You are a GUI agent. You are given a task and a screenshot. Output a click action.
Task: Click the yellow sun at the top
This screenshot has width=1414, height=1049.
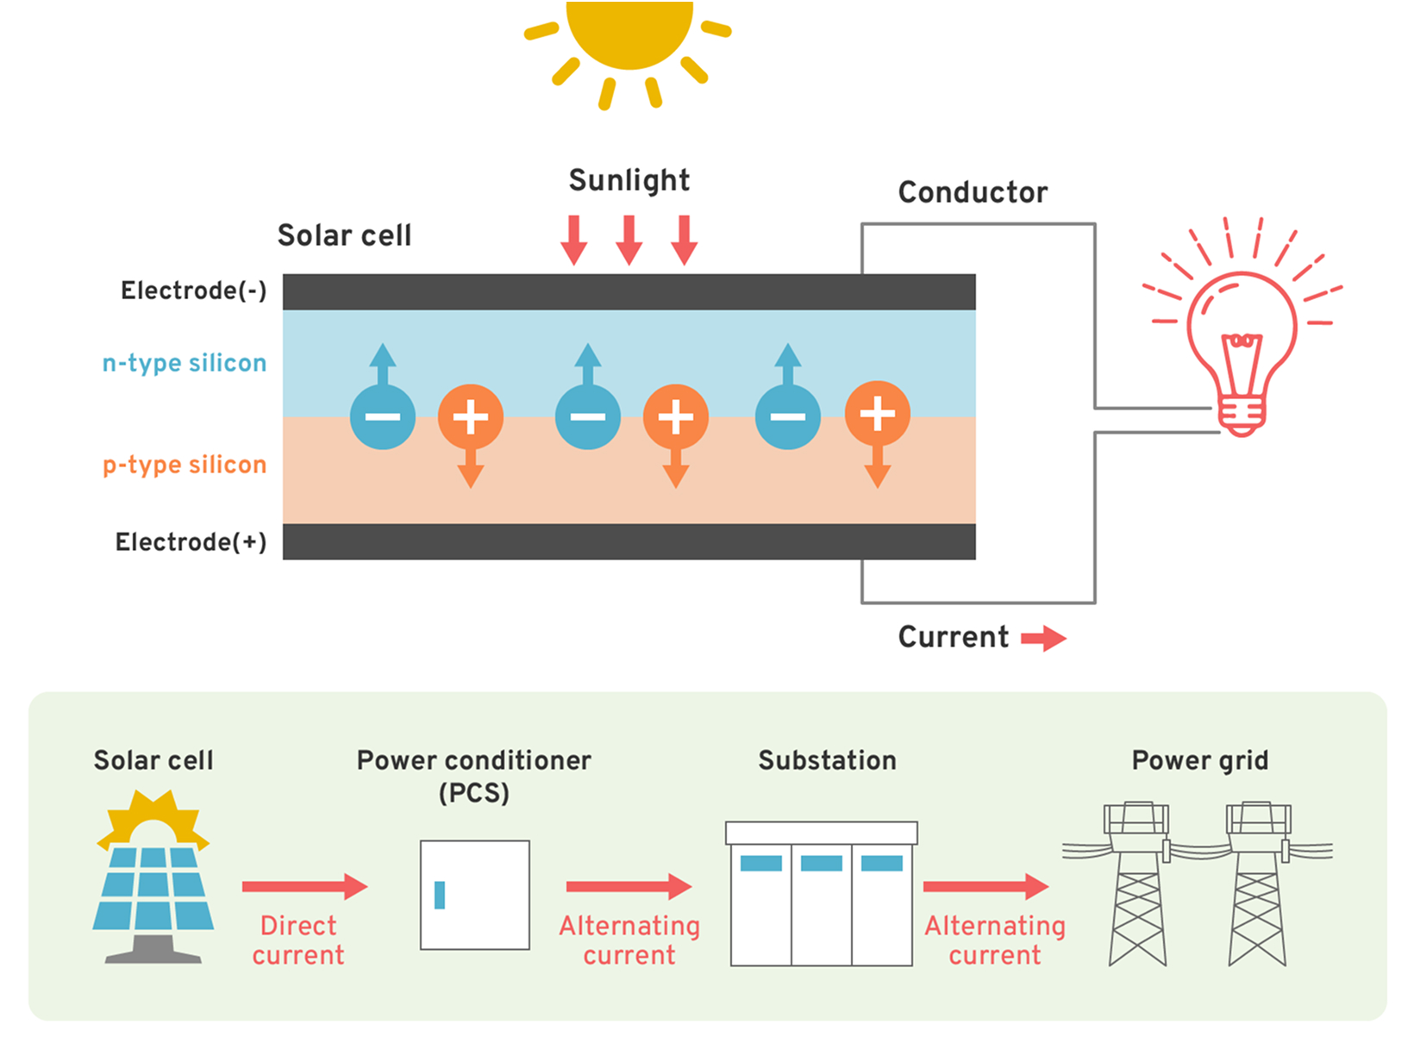tap(629, 34)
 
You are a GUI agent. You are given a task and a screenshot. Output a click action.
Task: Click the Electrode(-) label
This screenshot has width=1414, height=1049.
tap(194, 290)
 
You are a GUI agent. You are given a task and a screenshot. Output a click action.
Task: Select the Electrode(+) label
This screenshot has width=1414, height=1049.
tap(191, 542)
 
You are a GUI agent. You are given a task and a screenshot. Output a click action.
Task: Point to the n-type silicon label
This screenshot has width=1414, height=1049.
tap(185, 363)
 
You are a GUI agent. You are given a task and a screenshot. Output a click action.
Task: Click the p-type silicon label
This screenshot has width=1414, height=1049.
tap(185, 465)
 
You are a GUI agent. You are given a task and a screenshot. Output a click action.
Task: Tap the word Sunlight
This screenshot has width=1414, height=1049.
tap(629, 180)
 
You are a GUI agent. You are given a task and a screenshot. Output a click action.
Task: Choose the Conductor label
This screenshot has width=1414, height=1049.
tap(973, 192)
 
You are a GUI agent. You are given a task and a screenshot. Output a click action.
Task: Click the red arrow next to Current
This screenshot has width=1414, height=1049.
tap(1043, 639)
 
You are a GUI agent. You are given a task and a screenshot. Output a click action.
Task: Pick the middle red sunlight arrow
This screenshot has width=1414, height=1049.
tap(629, 240)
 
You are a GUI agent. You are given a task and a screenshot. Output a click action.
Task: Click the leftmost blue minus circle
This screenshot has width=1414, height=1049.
tap(383, 416)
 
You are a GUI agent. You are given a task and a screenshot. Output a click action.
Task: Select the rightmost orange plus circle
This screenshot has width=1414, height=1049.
tap(877, 414)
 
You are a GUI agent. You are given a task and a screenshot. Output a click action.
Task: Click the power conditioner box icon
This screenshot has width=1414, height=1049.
tap(475, 895)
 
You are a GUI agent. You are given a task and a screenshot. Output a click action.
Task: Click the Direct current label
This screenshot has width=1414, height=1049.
tap(298, 940)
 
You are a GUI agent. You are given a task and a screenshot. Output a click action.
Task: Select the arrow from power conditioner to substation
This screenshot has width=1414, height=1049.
tap(629, 886)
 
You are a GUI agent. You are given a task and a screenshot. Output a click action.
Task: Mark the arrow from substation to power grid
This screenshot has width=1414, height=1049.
tap(985, 886)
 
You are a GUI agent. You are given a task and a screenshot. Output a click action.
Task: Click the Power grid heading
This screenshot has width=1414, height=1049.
tap(1199, 760)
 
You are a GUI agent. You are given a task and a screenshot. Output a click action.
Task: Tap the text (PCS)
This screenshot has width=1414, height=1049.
tap(474, 793)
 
